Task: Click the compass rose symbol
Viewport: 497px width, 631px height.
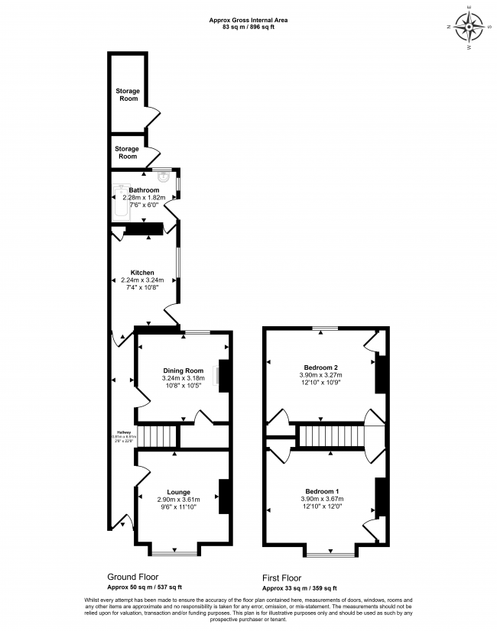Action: (x=469, y=29)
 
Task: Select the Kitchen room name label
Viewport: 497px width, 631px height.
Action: (x=142, y=273)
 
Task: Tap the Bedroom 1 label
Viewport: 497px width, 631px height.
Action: (x=321, y=490)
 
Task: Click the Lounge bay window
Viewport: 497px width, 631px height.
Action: (x=175, y=552)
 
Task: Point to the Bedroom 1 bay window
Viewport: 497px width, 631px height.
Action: (x=330, y=552)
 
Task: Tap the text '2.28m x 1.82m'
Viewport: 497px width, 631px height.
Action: (x=144, y=197)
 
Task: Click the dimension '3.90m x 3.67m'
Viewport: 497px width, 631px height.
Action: (x=321, y=499)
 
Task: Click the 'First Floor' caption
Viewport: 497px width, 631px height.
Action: (x=281, y=578)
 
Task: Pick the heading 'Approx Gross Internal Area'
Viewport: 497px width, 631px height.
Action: (x=248, y=20)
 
